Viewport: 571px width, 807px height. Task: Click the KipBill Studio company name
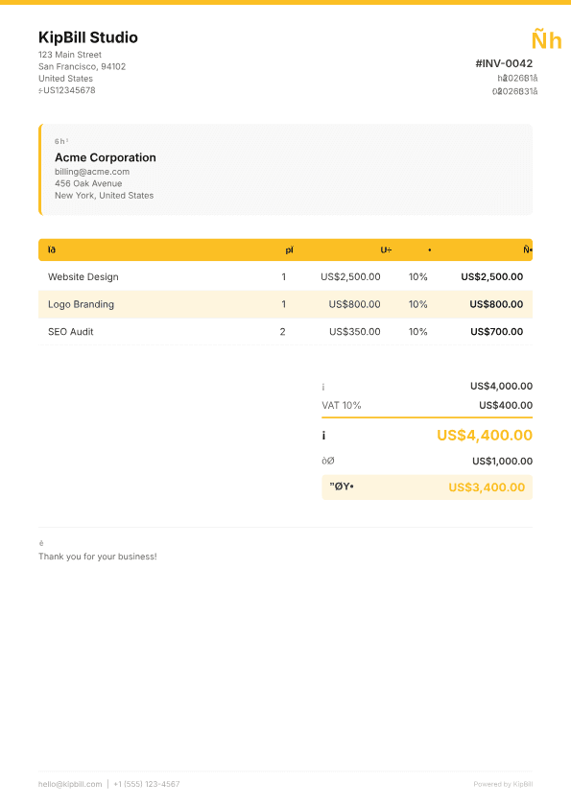point(88,37)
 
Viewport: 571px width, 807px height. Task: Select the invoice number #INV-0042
point(504,63)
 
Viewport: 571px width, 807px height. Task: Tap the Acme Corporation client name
point(106,157)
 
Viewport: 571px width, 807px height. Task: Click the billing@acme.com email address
point(92,172)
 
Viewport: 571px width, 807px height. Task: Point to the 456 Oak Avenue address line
point(88,183)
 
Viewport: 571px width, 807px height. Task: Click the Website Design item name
point(83,276)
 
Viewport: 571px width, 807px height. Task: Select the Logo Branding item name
point(81,304)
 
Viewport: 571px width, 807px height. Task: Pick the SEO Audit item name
point(71,331)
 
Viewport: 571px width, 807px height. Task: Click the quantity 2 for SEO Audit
point(282,331)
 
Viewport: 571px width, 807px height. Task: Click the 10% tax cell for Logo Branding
point(418,304)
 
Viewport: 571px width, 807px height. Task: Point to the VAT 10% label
point(342,405)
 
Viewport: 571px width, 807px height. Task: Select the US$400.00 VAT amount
point(506,405)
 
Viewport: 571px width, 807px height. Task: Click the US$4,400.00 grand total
point(485,435)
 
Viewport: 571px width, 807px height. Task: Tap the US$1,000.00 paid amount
point(502,461)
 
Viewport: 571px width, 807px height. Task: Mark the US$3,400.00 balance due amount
point(487,487)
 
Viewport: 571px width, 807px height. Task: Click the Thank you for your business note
point(97,557)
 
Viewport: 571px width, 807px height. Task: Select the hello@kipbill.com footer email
point(70,784)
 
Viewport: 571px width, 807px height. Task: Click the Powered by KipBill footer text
point(503,784)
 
